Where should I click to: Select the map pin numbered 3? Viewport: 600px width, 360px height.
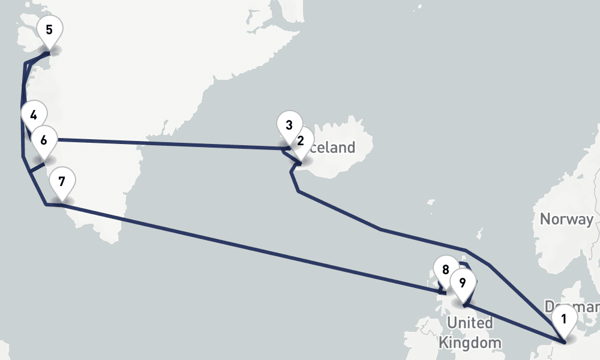[289, 125]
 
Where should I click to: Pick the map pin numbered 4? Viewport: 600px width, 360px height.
[33, 116]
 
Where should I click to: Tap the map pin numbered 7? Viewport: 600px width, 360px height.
[62, 181]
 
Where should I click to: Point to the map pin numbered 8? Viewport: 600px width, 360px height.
[445, 270]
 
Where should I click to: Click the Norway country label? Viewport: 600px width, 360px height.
[566, 219]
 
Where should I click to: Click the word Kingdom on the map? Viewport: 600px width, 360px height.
[469, 343]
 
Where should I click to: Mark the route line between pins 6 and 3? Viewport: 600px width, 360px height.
[168, 143]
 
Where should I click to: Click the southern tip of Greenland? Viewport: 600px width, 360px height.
[112, 240]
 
